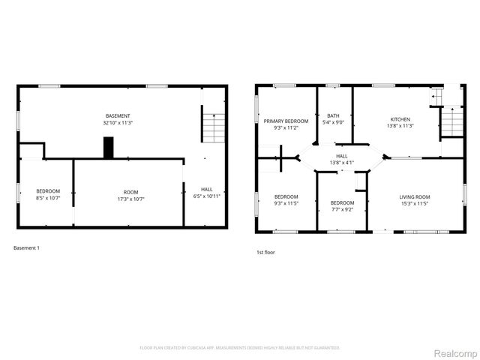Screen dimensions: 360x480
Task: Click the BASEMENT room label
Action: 118,115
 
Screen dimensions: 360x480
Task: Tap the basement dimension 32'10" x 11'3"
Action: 118,122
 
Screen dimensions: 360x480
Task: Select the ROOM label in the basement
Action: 131,192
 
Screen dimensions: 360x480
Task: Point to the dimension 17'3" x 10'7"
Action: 131,199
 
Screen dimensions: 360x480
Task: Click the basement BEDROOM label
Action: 48,192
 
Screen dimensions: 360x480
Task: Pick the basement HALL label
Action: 206,188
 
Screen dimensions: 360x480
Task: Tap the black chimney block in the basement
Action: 108,147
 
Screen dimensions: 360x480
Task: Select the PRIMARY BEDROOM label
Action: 286,121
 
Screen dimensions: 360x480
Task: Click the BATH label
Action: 333,115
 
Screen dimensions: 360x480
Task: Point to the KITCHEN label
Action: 400,119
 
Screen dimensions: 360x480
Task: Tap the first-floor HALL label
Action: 341,156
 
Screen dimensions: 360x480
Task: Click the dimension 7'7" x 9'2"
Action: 342,210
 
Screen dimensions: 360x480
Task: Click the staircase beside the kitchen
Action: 451,122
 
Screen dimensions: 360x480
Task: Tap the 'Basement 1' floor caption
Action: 27,247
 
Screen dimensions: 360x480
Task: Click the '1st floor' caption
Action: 265,253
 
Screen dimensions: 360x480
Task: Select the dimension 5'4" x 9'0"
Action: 333,122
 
